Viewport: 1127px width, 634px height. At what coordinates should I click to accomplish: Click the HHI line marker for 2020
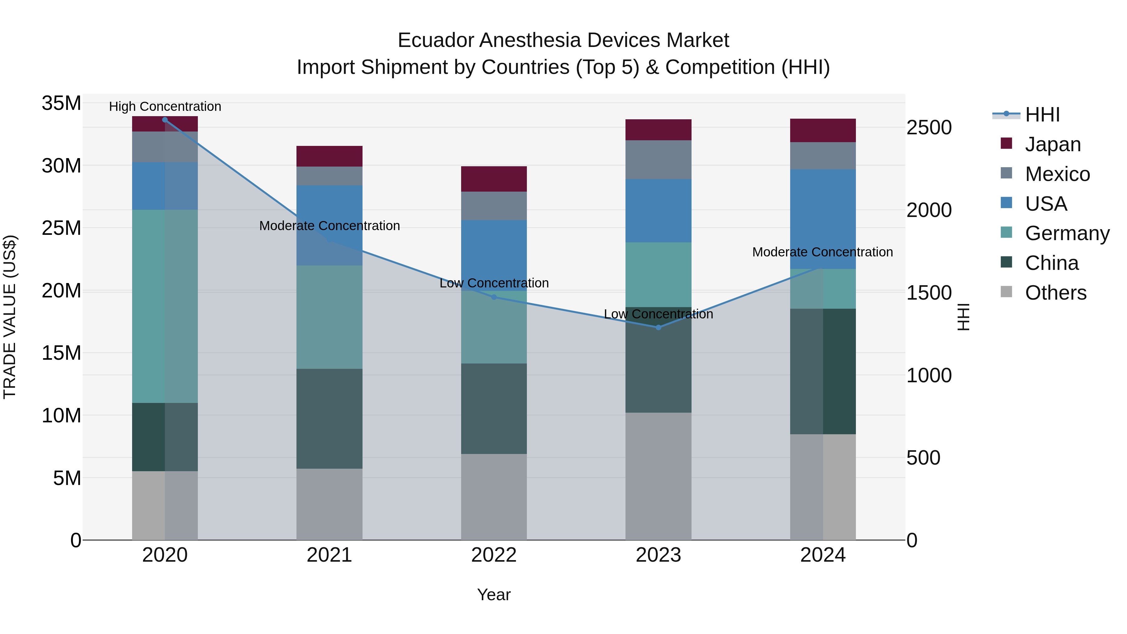(165, 120)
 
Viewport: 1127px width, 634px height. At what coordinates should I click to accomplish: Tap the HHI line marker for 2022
(494, 297)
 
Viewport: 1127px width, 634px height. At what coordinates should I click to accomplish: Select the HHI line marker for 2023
(658, 327)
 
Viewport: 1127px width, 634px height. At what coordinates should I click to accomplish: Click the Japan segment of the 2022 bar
(494, 179)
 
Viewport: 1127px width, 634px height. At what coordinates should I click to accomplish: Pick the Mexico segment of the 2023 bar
(658, 160)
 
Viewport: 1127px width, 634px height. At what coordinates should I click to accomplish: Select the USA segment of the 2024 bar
(823, 219)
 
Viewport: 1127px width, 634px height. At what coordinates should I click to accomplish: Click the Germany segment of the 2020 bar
(165, 306)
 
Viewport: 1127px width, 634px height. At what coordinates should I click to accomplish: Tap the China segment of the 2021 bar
(329, 419)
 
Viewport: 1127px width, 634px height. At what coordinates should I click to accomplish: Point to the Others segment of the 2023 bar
(658, 476)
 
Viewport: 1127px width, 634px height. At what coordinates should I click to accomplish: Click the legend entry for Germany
(1067, 233)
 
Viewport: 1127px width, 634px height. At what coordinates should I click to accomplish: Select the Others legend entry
(1055, 293)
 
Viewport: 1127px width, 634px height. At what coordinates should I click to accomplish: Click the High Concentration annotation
(165, 106)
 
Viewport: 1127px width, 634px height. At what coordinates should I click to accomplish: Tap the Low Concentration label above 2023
(658, 314)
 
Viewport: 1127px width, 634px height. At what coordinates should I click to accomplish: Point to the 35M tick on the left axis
(61, 104)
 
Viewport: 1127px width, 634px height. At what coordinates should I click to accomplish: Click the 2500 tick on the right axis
(929, 128)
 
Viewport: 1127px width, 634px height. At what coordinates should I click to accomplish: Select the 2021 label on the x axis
(329, 555)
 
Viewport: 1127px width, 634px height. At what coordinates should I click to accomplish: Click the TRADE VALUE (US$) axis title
(10, 317)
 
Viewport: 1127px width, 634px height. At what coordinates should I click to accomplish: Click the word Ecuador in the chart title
(436, 40)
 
